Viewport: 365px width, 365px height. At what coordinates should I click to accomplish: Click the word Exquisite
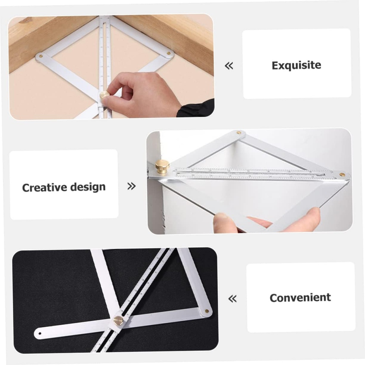coord(296,66)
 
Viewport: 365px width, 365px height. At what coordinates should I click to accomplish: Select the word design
coord(88,187)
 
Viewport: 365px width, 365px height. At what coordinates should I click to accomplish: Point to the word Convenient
coord(300,298)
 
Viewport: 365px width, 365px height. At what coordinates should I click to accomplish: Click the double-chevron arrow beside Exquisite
coord(229,66)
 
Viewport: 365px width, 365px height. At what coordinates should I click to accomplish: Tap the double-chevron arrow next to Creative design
coord(132,186)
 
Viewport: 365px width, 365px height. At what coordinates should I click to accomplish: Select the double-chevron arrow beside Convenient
coord(232,299)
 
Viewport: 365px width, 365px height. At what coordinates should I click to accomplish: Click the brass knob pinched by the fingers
coord(104,96)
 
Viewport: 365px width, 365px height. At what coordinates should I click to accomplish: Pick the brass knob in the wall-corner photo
coord(162,166)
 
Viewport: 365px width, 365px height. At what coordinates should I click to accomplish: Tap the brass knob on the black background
coord(118,320)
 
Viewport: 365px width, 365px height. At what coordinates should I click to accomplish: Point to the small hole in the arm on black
coord(40,334)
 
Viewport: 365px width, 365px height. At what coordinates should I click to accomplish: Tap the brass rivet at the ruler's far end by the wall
coord(342,175)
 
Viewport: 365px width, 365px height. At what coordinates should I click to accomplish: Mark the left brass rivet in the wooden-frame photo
coord(41,56)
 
